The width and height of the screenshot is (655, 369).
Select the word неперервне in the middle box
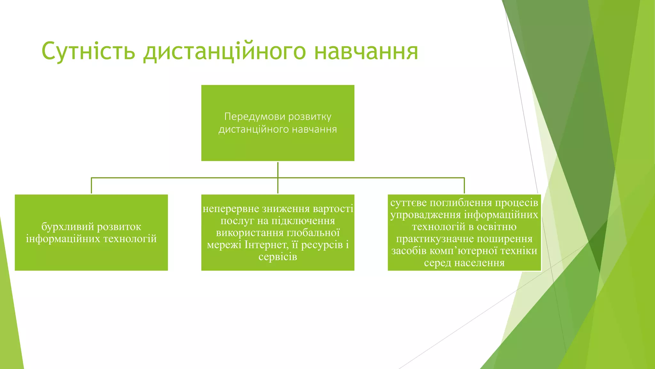pyautogui.click(x=231, y=209)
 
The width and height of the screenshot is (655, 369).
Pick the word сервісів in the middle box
pyautogui.click(x=278, y=257)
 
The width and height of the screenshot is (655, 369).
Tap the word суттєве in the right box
pyautogui.click(x=408, y=203)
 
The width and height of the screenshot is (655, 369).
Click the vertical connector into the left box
pyautogui.click(x=91, y=186)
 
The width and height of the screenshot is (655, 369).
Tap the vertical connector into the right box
pyautogui.click(x=464, y=186)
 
